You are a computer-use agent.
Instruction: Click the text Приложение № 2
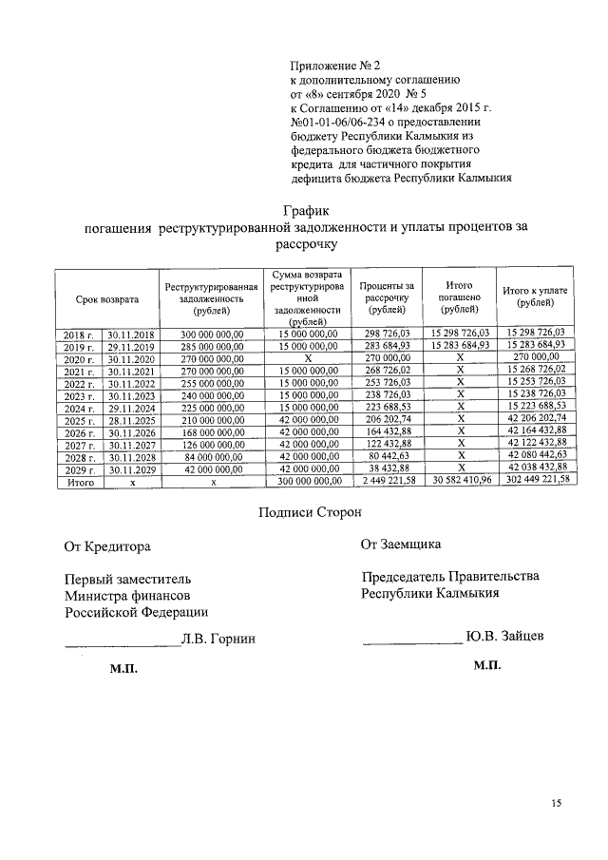[333, 66]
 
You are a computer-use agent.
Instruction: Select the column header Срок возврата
[107, 299]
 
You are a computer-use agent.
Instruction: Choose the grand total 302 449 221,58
[535, 480]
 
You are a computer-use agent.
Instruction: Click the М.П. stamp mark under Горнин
[123, 670]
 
